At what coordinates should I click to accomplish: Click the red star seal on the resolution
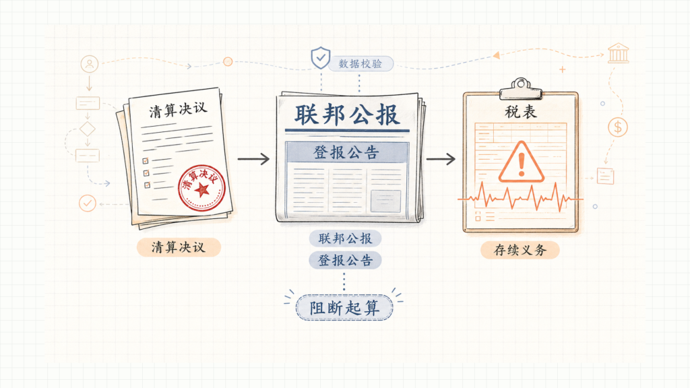pyautogui.click(x=202, y=189)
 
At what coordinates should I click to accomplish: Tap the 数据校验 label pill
pyautogui.click(x=361, y=64)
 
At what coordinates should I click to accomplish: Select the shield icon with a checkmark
pyautogui.click(x=320, y=58)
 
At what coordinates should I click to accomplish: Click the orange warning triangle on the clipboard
pyautogui.click(x=522, y=162)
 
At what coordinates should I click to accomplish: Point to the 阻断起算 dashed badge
pyautogui.click(x=344, y=307)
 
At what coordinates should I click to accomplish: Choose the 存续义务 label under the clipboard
pyautogui.click(x=520, y=250)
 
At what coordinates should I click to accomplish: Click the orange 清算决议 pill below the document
pyautogui.click(x=178, y=247)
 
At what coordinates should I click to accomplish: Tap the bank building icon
pyautogui.click(x=619, y=53)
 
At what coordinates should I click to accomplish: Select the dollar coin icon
pyautogui.click(x=618, y=127)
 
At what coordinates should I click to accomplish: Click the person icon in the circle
pyautogui.click(x=90, y=64)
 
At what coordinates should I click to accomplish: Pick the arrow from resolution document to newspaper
pyautogui.click(x=253, y=159)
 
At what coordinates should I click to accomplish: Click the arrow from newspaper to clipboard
pyautogui.click(x=441, y=159)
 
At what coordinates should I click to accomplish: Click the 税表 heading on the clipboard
pyautogui.click(x=521, y=112)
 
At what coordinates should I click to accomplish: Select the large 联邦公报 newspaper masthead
pyautogui.click(x=347, y=115)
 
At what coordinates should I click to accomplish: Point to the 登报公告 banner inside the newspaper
pyautogui.click(x=347, y=152)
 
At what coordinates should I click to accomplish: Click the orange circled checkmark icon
pyautogui.click(x=88, y=203)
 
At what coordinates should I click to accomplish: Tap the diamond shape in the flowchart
pyautogui.click(x=87, y=129)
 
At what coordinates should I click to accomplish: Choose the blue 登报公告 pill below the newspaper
pyautogui.click(x=346, y=261)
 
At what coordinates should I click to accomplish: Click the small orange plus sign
pyautogui.click(x=563, y=69)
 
